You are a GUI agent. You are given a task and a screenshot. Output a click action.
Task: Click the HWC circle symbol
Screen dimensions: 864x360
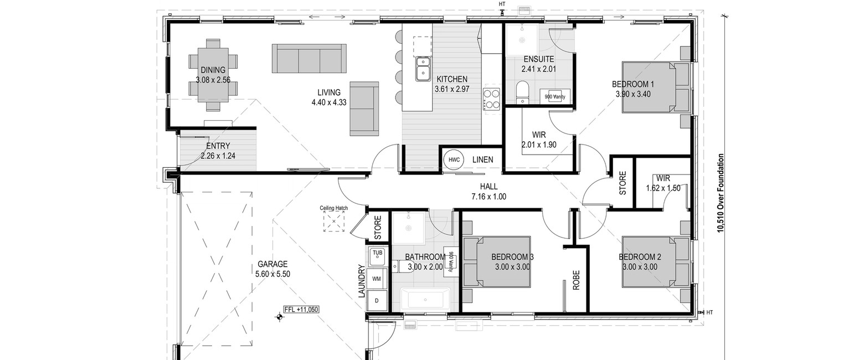tap(454, 160)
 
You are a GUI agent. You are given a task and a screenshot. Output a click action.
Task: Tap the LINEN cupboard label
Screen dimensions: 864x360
tap(482, 160)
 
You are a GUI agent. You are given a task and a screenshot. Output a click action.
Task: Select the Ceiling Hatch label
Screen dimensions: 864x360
tap(333, 208)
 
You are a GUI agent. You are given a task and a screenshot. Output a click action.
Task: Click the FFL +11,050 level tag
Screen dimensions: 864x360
tap(301, 310)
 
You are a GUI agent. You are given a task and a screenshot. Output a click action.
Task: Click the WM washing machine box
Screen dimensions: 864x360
tap(377, 279)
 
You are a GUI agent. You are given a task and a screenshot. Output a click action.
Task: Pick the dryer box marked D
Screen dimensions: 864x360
tap(377, 301)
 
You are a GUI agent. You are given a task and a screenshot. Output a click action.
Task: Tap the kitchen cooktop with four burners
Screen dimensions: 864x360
tap(491, 99)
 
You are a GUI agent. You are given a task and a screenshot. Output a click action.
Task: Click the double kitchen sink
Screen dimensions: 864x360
tap(423, 69)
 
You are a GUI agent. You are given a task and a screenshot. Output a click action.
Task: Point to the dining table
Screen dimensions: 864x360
tap(213, 75)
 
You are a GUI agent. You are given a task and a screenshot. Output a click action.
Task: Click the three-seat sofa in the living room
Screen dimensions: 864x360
tap(309, 58)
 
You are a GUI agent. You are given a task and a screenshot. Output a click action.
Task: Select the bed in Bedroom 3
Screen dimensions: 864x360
tap(497, 261)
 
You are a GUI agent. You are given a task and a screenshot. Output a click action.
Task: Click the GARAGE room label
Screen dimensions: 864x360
tap(272, 264)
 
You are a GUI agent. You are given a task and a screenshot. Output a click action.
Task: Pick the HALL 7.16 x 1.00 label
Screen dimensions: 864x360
tap(488, 192)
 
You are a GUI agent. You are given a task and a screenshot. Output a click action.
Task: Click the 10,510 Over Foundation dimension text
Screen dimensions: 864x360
tap(721, 193)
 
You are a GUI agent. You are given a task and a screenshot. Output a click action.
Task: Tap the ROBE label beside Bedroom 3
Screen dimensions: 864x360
tap(576, 280)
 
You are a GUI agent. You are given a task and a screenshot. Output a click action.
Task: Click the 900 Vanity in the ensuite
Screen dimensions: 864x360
tap(554, 97)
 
